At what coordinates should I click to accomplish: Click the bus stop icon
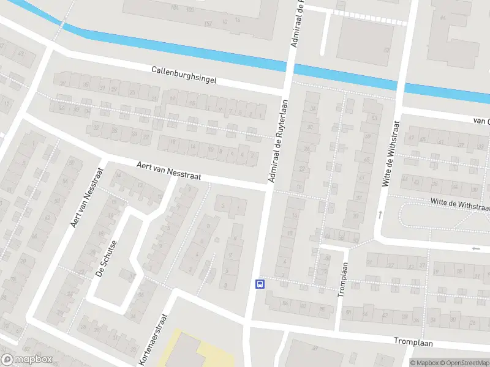click(x=260, y=283)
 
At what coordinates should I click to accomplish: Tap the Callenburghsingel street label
click(x=184, y=76)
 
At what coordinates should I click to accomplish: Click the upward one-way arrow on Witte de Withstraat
click(x=380, y=215)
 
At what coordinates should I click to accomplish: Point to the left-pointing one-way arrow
click(x=477, y=248)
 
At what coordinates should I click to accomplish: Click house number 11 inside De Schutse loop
click(x=132, y=277)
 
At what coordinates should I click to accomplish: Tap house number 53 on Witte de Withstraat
click(x=374, y=117)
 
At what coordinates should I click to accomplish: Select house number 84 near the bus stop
click(x=285, y=302)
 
